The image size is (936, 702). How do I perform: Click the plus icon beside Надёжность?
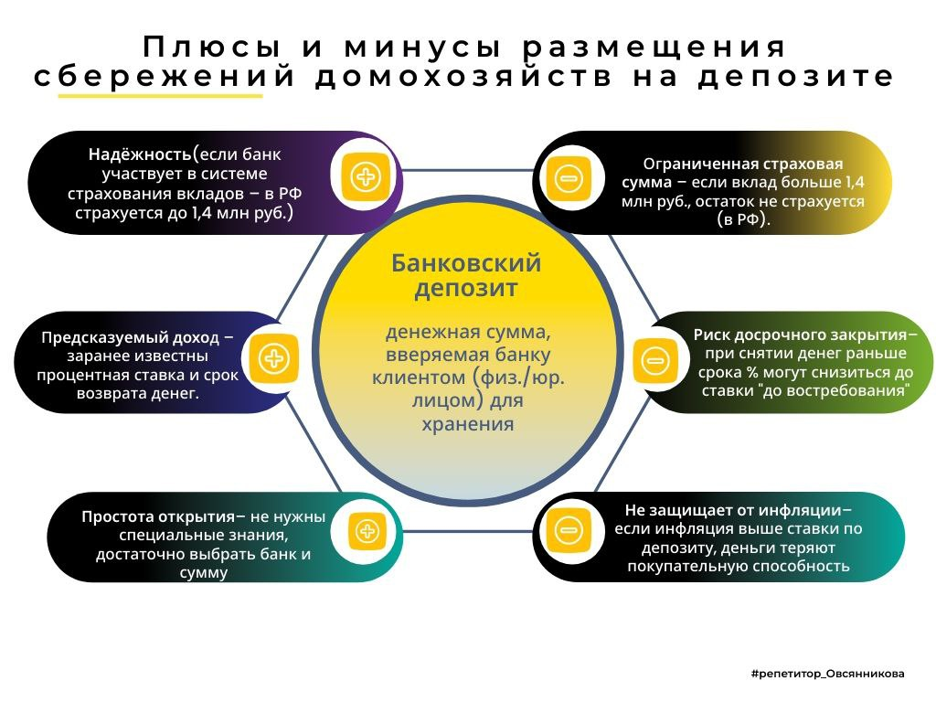[x=366, y=175]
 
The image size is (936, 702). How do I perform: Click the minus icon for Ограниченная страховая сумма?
[x=568, y=178]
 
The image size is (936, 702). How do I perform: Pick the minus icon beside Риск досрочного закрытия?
[x=656, y=359]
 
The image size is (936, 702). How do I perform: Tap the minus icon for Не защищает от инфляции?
[x=568, y=529]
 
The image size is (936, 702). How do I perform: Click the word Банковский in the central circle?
[x=466, y=263]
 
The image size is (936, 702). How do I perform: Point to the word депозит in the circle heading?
[x=466, y=289]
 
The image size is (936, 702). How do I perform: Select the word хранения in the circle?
[x=467, y=424]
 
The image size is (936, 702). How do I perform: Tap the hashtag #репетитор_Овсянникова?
[x=827, y=674]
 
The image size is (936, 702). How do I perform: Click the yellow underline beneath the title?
[x=160, y=95]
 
